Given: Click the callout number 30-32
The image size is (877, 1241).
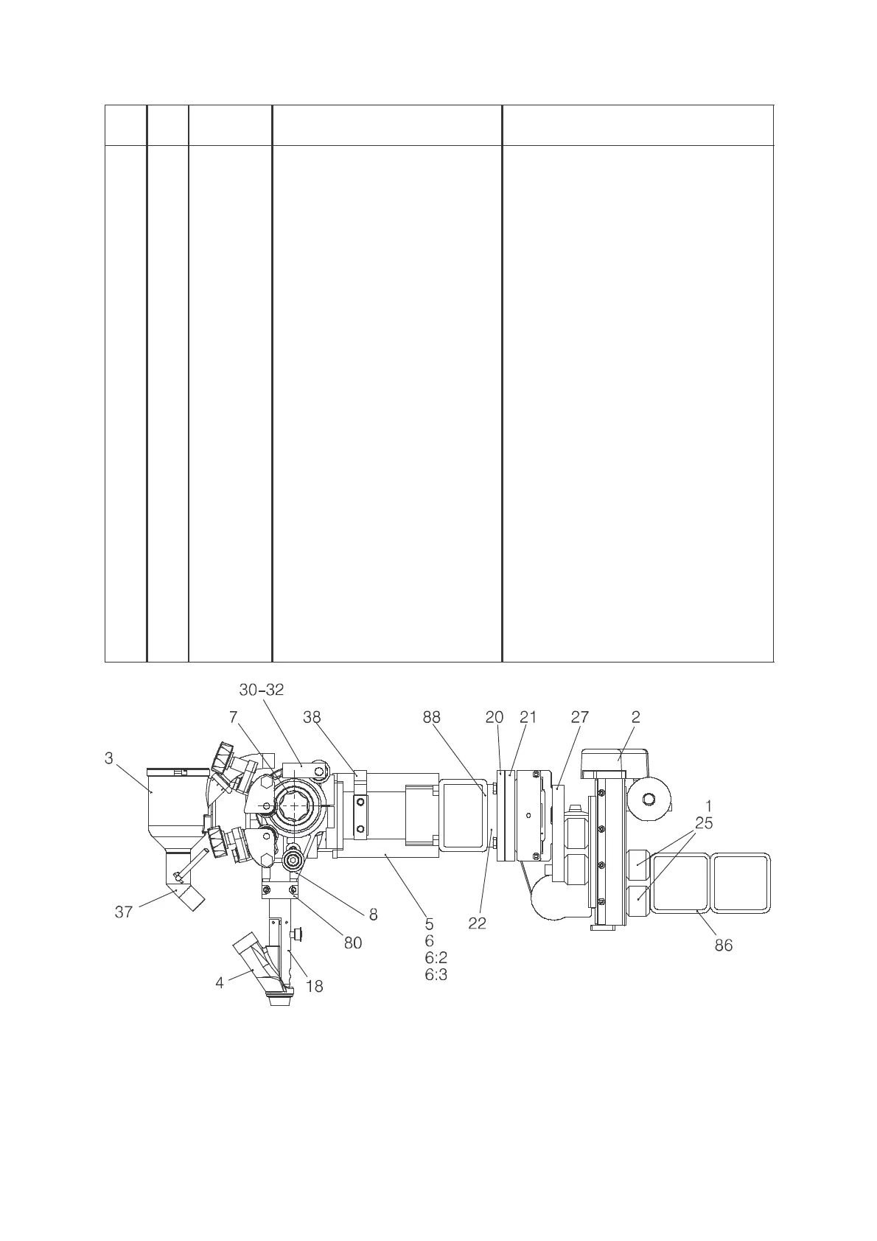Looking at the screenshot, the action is (x=262, y=690).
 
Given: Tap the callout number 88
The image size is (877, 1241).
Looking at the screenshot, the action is (x=432, y=717).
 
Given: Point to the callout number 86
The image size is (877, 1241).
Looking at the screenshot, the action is (x=724, y=945).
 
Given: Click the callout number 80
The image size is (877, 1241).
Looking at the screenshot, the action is (x=353, y=943).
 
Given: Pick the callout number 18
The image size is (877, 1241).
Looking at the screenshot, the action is (x=315, y=987).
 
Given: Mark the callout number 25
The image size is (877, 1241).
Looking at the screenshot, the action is (x=705, y=823).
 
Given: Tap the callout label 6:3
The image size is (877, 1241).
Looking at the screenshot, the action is (x=436, y=975).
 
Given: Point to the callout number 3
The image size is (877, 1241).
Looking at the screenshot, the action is (x=109, y=758).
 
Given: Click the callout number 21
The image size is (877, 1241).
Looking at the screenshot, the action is (x=528, y=717).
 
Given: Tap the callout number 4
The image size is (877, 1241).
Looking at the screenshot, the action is (x=220, y=982).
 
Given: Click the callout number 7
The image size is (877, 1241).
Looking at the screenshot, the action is (x=234, y=717).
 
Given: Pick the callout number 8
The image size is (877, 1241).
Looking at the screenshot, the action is (x=373, y=915).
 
